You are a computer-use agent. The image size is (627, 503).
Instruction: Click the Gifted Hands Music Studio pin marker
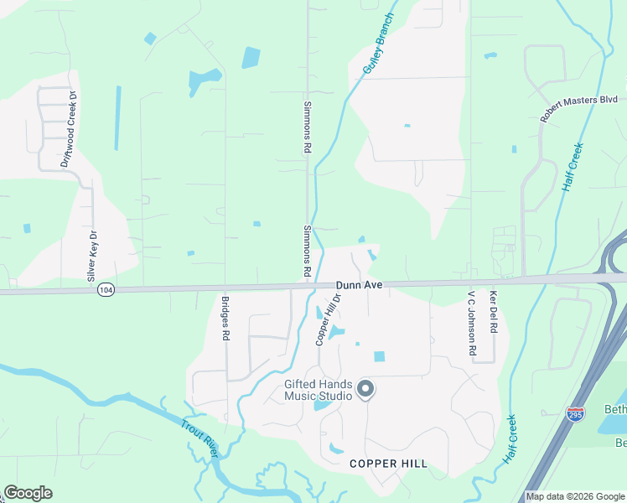pyautogui.click(x=365, y=388)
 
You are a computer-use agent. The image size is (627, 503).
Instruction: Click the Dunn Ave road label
pyautogui.click(x=360, y=285)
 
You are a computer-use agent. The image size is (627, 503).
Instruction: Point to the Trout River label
pyautogui.click(x=199, y=438)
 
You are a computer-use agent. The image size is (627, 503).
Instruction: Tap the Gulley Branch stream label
pyautogui.click(x=377, y=44)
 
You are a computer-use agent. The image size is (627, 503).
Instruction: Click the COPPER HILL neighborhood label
pyautogui.click(x=388, y=464)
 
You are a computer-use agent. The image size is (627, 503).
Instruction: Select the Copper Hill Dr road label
pyautogui.click(x=329, y=319)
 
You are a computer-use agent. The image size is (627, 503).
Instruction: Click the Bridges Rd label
pyautogui.click(x=225, y=318)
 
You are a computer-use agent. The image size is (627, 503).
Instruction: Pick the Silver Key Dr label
pyautogui.click(x=92, y=256)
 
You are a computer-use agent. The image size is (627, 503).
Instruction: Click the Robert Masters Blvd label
pyautogui.click(x=578, y=110)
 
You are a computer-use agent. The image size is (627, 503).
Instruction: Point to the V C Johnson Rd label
pyautogui.click(x=471, y=324)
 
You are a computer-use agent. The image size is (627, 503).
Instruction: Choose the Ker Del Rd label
pyautogui.click(x=494, y=313)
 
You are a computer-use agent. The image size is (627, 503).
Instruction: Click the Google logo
pyautogui.click(x=28, y=493)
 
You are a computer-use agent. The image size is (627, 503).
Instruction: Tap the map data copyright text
pyautogui.click(x=575, y=496)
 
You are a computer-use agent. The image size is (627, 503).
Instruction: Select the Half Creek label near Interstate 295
pyautogui.click(x=510, y=439)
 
